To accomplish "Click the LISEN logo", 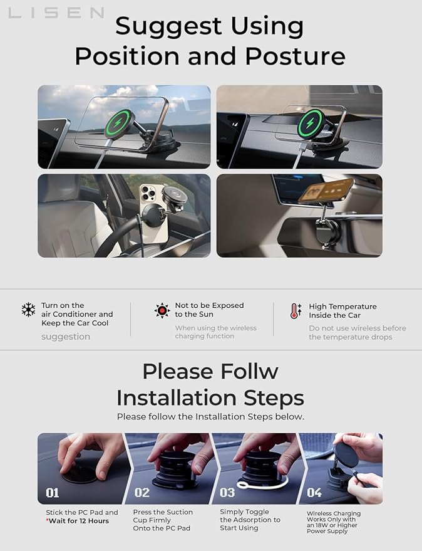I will (x=56, y=13).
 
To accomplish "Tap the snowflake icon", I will (x=28, y=310).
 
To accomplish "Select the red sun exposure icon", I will (x=162, y=310).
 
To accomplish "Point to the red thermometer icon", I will (x=296, y=311).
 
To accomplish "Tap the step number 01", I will (x=52, y=493).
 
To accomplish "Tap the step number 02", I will (x=142, y=493).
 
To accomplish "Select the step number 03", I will (x=227, y=493).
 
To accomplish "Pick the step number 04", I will (x=314, y=493).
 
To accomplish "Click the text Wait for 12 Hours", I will (x=80, y=521).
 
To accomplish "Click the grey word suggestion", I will (x=66, y=337).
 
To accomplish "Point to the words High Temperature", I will (x=342, y=307).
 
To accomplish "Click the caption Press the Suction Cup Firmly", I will (x=163, y=516).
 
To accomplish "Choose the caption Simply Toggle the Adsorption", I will (x=250, y=516).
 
